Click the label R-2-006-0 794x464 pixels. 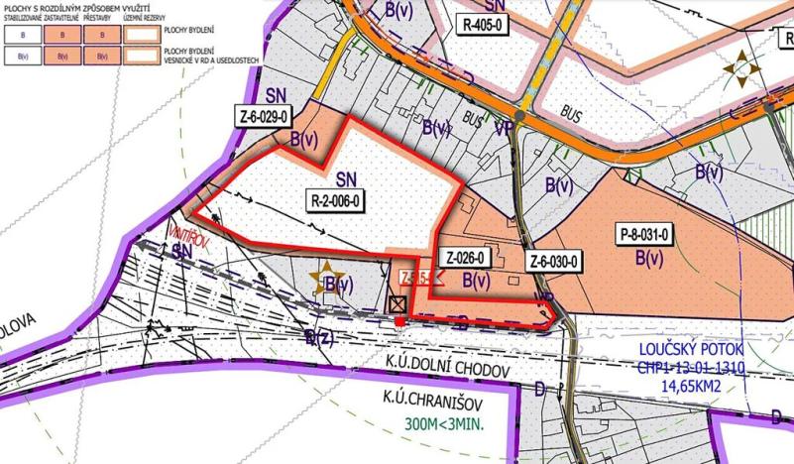pyautogui.click(x=338, y=199)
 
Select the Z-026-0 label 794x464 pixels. pyautogui.click(x=465, y=259)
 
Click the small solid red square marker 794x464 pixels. pyautogui.click(x=398, y=321)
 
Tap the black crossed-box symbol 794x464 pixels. pyautogui.click(x=398, y=305)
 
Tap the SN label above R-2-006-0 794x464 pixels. pyautogui.click(x=346, y=179)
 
